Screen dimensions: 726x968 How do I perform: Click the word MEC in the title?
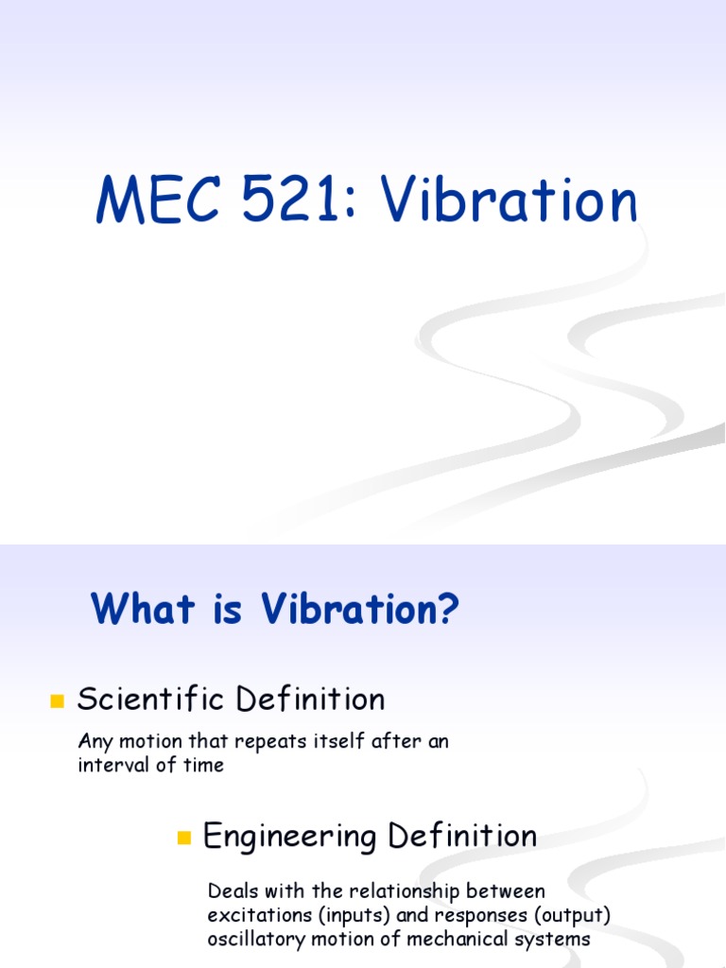[x=158, y=199]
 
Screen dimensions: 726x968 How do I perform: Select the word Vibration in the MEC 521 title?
[x=508, y=199]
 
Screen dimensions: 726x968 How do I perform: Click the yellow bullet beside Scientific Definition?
[x=58, y=700]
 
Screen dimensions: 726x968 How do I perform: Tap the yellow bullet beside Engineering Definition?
[x=184, y=838]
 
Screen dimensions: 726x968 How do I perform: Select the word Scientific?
[x=150, y=699]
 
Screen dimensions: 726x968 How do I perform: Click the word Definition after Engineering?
[x=462, y=836]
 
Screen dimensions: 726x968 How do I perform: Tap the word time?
[x=204, y=765]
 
